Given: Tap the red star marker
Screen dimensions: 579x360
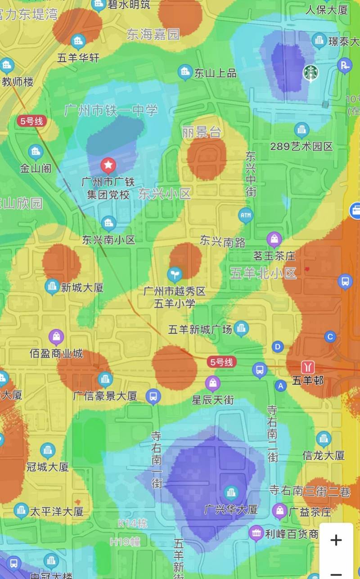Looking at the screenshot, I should tap(108, 166).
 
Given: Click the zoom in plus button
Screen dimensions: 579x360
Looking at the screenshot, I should tap(336, 540).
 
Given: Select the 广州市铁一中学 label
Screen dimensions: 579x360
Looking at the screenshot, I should tap(111, 110).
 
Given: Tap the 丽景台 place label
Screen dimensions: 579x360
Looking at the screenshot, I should tap(202, 132).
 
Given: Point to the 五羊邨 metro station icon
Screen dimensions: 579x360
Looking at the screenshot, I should tap(309, 366).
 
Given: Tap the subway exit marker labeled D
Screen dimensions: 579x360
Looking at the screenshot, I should tap(278, 347).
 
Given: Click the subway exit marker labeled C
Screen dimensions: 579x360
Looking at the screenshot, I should tap(331, 337).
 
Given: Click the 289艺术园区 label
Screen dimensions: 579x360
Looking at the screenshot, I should tap(301, 146).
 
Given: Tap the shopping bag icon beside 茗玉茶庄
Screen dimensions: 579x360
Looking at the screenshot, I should tap(274, 239).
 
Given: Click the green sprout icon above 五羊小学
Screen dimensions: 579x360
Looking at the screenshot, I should tap(175, 274).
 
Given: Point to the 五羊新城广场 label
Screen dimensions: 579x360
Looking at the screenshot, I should tap(200, 330).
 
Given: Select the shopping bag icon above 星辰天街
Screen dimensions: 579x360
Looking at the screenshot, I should tap(213, 384).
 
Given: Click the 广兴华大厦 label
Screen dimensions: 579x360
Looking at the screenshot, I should tap(231, 510).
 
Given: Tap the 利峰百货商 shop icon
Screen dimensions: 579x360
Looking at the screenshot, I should tap(256, 534).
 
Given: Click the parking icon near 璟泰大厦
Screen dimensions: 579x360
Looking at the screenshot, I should tap(345, 66).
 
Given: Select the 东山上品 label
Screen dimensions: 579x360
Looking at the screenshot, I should tap(215, 73).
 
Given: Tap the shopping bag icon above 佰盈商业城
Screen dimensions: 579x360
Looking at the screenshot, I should tap(56, 337).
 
